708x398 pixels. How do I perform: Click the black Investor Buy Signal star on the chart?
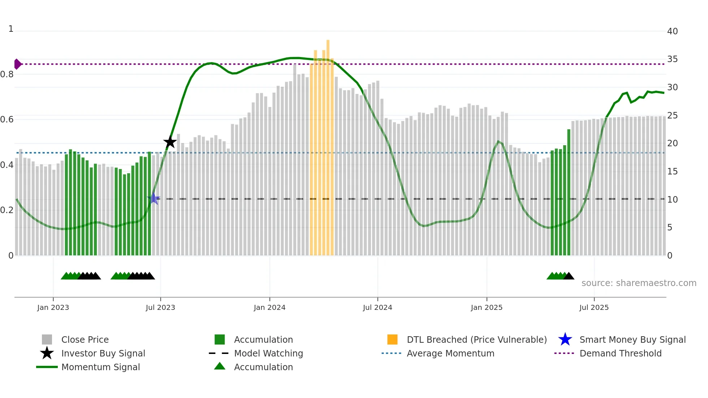[170, 142]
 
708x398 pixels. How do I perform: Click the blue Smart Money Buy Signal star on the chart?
[154, 199]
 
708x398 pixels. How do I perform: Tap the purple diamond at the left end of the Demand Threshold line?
[17, 64]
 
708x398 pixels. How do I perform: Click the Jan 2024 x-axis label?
[269, 307]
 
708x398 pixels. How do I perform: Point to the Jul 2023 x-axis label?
[160, 307]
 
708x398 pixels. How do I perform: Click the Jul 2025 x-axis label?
[594, 307]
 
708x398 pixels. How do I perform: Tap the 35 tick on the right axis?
[672, 59]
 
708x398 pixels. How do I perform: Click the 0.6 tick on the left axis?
[7, 120]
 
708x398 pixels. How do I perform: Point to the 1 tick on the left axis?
[11, 29]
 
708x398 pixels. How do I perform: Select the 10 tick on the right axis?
[672, 200]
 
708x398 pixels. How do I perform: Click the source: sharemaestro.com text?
[639, 283]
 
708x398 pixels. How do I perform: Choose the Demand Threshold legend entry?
[620, 353]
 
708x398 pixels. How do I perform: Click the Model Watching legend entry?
[268, 353]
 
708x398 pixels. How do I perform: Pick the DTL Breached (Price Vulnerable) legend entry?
[476, 339]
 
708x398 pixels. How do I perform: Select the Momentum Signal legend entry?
[100, 367]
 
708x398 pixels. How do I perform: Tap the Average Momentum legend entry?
[450, 353]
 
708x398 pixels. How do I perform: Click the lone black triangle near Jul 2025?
[569, 276]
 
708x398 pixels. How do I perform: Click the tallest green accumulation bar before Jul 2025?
[569, 191]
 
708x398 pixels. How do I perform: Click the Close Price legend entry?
[85, 339]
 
